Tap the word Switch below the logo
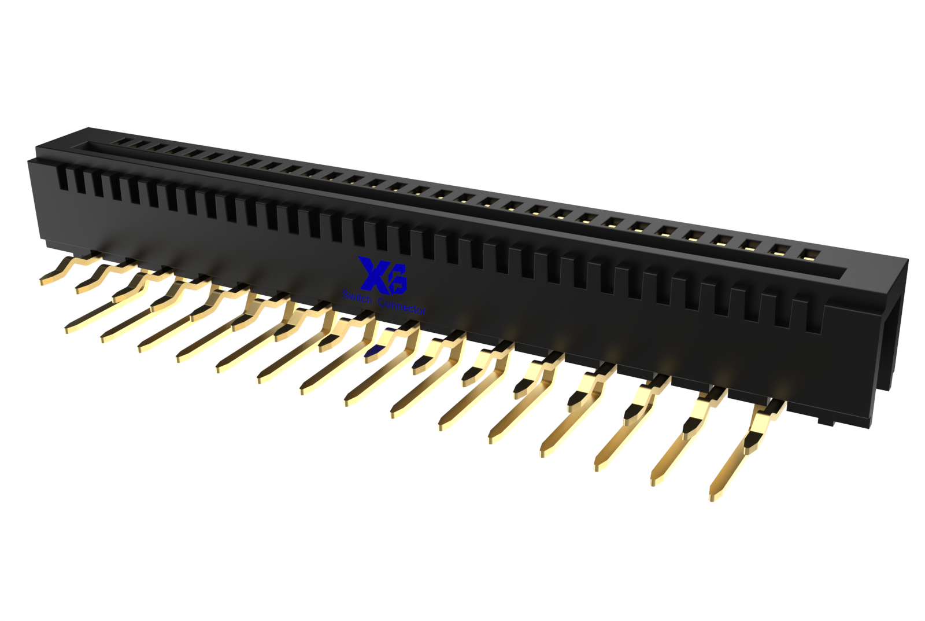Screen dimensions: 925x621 click(357, 296)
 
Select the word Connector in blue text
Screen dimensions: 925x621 click(402, 306)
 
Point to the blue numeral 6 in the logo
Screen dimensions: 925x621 click(397, 278)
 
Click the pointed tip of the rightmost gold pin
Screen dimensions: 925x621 click(712, 498)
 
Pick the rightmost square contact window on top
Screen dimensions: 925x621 click(805, 255)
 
